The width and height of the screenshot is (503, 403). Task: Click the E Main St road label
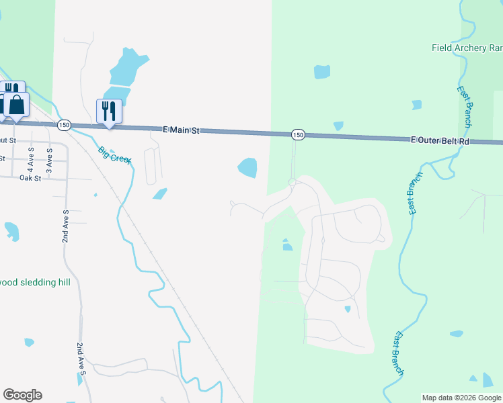tap(182, 130)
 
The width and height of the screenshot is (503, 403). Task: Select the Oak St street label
tap(30, 178)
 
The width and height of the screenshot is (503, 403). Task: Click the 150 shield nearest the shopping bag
tap(64, 125)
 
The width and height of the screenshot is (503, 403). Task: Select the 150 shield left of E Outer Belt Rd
tap(298, 135)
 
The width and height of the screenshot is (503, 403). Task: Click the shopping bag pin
tap(16, 105)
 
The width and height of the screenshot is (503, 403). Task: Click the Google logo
tap(22, 395)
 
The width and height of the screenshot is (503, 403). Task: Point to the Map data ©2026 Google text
tap(461, 398)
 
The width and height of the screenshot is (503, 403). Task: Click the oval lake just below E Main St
tap(247, 167)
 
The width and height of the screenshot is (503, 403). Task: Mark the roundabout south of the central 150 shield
tap(293, 182)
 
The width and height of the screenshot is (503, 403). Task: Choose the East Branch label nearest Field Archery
tap(464, 106)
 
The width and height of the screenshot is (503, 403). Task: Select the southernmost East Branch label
tap(399, 353)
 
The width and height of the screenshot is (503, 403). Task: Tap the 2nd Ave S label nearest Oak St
tap(66, 226)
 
